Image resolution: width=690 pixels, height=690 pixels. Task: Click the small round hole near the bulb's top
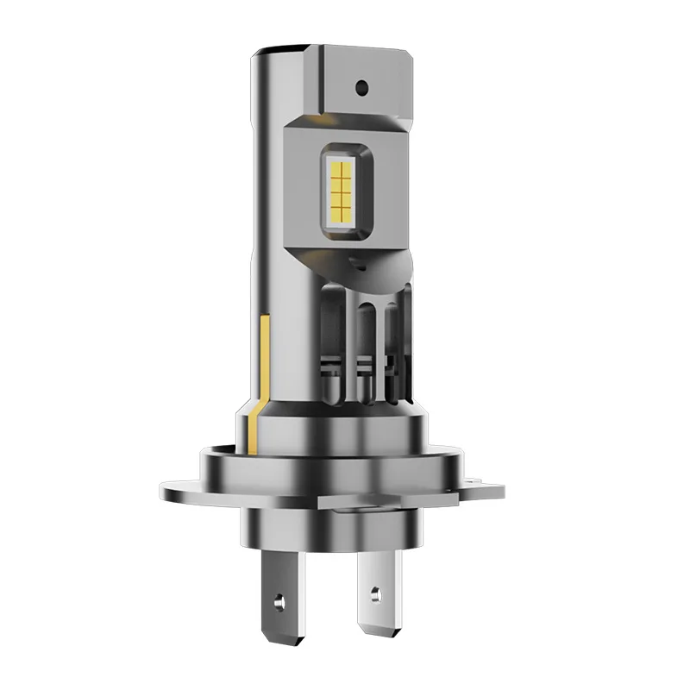tap(362, 87)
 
